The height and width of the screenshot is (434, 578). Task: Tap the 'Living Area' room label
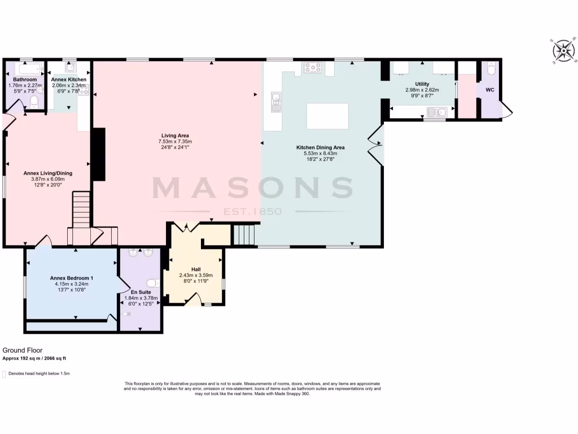point(176,136)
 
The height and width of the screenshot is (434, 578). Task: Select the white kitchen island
point(327,116)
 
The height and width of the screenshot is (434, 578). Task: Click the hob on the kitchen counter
point(313,68)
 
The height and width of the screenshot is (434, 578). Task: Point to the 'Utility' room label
point(422,84)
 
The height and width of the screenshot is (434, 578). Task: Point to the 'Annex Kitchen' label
point(68,80)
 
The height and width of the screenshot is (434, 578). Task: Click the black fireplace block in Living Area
point(98,154)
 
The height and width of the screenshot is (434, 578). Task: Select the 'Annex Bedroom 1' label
point(72,277)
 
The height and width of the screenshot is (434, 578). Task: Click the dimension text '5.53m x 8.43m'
point(320,153)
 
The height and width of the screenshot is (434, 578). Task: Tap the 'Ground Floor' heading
point(23,350)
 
